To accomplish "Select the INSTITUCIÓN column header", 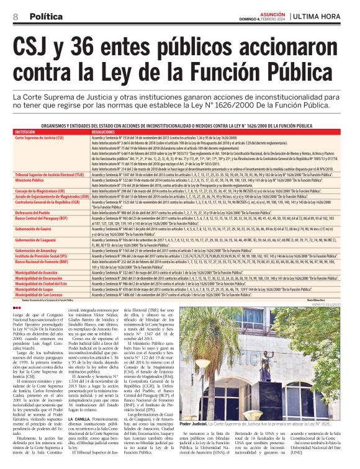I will click(27, 132).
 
